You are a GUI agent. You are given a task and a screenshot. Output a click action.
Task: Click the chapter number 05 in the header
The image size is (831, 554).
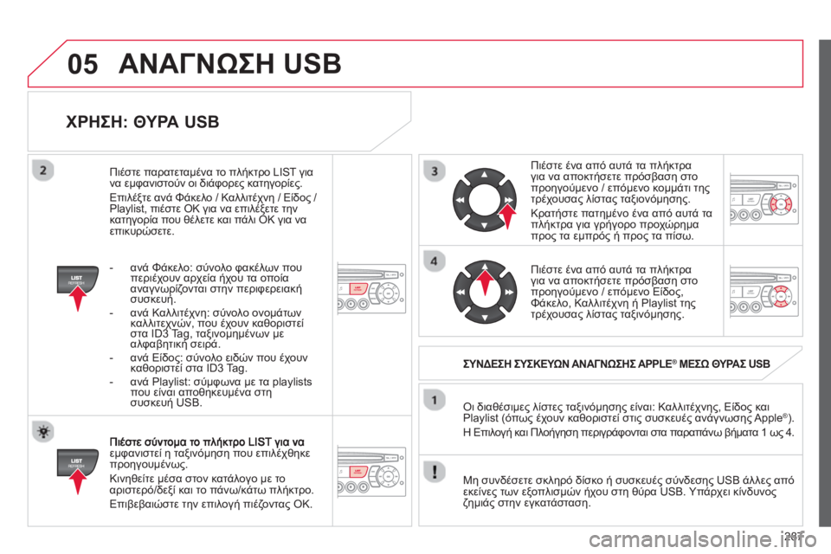click(83, 64)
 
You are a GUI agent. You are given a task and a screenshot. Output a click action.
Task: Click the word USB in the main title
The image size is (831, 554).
click(312, 64)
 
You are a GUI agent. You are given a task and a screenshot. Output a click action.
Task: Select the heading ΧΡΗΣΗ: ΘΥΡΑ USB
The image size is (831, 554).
click(143, 122)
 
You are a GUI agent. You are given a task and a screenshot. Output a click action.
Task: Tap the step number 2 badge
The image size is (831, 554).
click(43, 171)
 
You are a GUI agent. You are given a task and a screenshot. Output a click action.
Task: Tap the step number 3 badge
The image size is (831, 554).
click(435, 171)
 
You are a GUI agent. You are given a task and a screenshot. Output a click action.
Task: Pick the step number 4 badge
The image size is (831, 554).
click(435, 261)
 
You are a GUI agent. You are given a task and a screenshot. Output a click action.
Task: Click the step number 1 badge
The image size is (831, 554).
click(435, 400)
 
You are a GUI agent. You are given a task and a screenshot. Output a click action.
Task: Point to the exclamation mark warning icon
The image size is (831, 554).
click(435, 471)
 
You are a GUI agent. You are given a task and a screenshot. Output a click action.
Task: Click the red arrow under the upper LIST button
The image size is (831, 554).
click(78, 298)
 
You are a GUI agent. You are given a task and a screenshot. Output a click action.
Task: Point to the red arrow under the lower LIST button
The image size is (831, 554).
click(78, 481)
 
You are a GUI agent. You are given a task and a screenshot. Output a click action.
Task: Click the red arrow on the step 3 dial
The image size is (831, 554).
click(508, 216)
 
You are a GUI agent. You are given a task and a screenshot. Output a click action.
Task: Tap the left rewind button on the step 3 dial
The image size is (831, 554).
click(460, 200)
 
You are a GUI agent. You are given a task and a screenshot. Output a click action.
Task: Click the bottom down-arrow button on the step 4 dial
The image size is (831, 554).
click(485, 317)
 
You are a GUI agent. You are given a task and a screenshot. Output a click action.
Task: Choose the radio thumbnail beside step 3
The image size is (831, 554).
click(763, 199)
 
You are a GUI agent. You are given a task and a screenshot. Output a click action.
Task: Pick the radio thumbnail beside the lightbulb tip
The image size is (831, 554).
click(371, 471)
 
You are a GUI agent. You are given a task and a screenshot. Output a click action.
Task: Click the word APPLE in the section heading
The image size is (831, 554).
click(654, 364)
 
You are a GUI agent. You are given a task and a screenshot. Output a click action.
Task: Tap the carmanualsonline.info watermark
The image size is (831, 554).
click(702, 540)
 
